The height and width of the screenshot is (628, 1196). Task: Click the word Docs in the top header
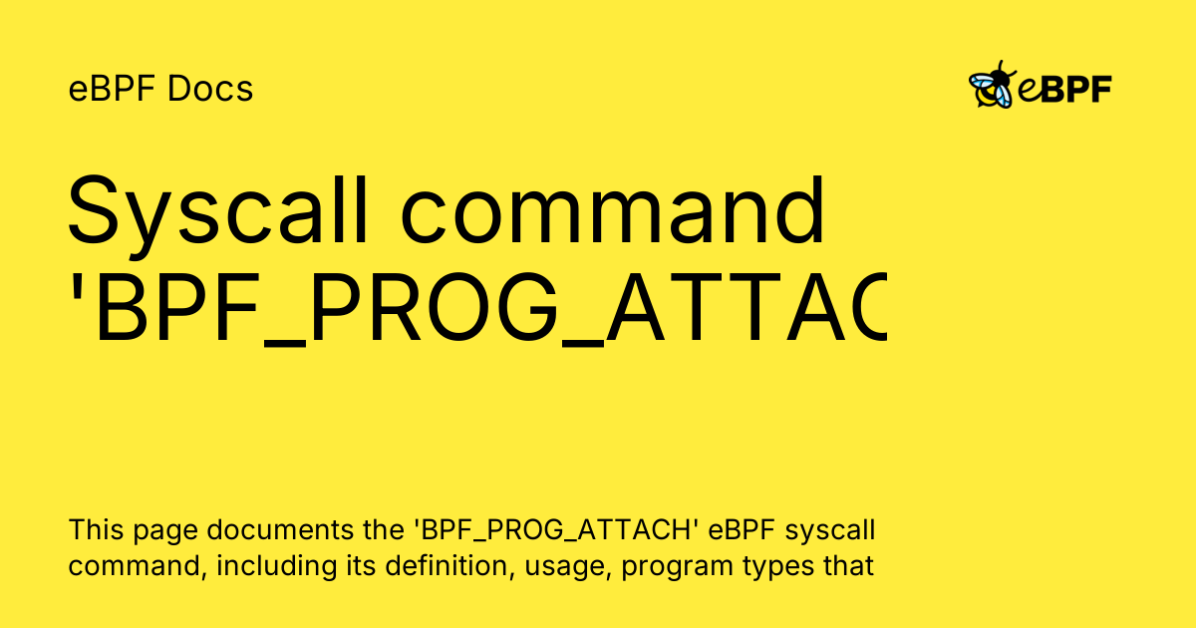[x=210, y=90]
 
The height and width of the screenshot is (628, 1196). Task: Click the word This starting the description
[x=97, y=528]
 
